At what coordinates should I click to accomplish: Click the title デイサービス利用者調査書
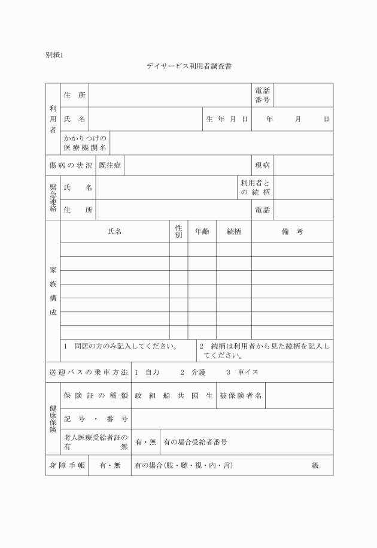(x=189, y=66)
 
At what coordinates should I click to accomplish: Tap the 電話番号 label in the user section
(x=262, y=95)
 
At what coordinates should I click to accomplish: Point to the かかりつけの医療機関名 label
(x=86, y=143)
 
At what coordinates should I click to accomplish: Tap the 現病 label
(x=262, y=165)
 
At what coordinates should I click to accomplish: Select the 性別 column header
(x=178, y=232)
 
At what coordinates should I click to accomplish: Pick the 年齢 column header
(x=202, y=232)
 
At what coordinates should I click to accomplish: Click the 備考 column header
(x=292, y=232)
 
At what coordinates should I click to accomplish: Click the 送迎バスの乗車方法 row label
(x=89, y=373)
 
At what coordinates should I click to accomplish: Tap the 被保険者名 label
(x=241, y=395)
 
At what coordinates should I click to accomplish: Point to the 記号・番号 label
(x=96, y=419)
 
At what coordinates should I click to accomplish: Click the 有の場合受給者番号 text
(x=195, y=442)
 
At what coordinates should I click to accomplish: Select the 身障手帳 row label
(x=67, y=465)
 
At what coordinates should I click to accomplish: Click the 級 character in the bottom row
(x=315, y=465)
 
